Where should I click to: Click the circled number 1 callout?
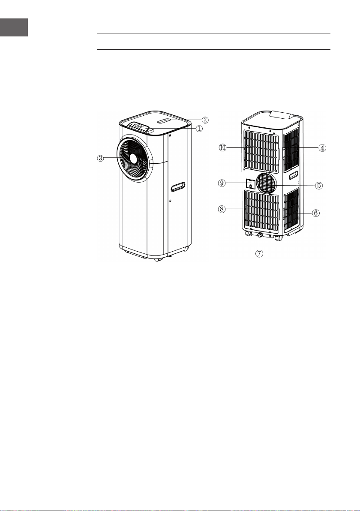click(199, 129)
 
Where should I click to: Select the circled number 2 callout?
click(205, 120)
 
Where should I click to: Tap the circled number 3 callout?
click(101, 158)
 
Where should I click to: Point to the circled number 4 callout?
click(322, 148)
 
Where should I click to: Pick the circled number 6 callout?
click(315, 213)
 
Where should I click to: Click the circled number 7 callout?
click(259, 253)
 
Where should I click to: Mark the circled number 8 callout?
click(222, 209)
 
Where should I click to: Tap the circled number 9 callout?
click(222, 183)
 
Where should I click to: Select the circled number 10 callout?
click(222, 147)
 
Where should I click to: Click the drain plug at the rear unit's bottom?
click(260, 234)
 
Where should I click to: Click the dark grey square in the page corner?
click(14, 27)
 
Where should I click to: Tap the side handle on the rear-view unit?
click(293, 175)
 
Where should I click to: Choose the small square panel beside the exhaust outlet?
click(250, 183)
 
